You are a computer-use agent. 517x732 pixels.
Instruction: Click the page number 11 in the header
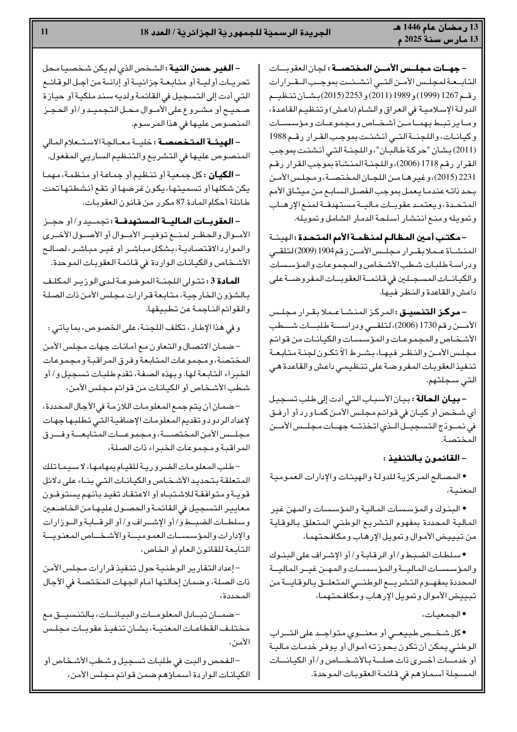(x=44, y=32)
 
